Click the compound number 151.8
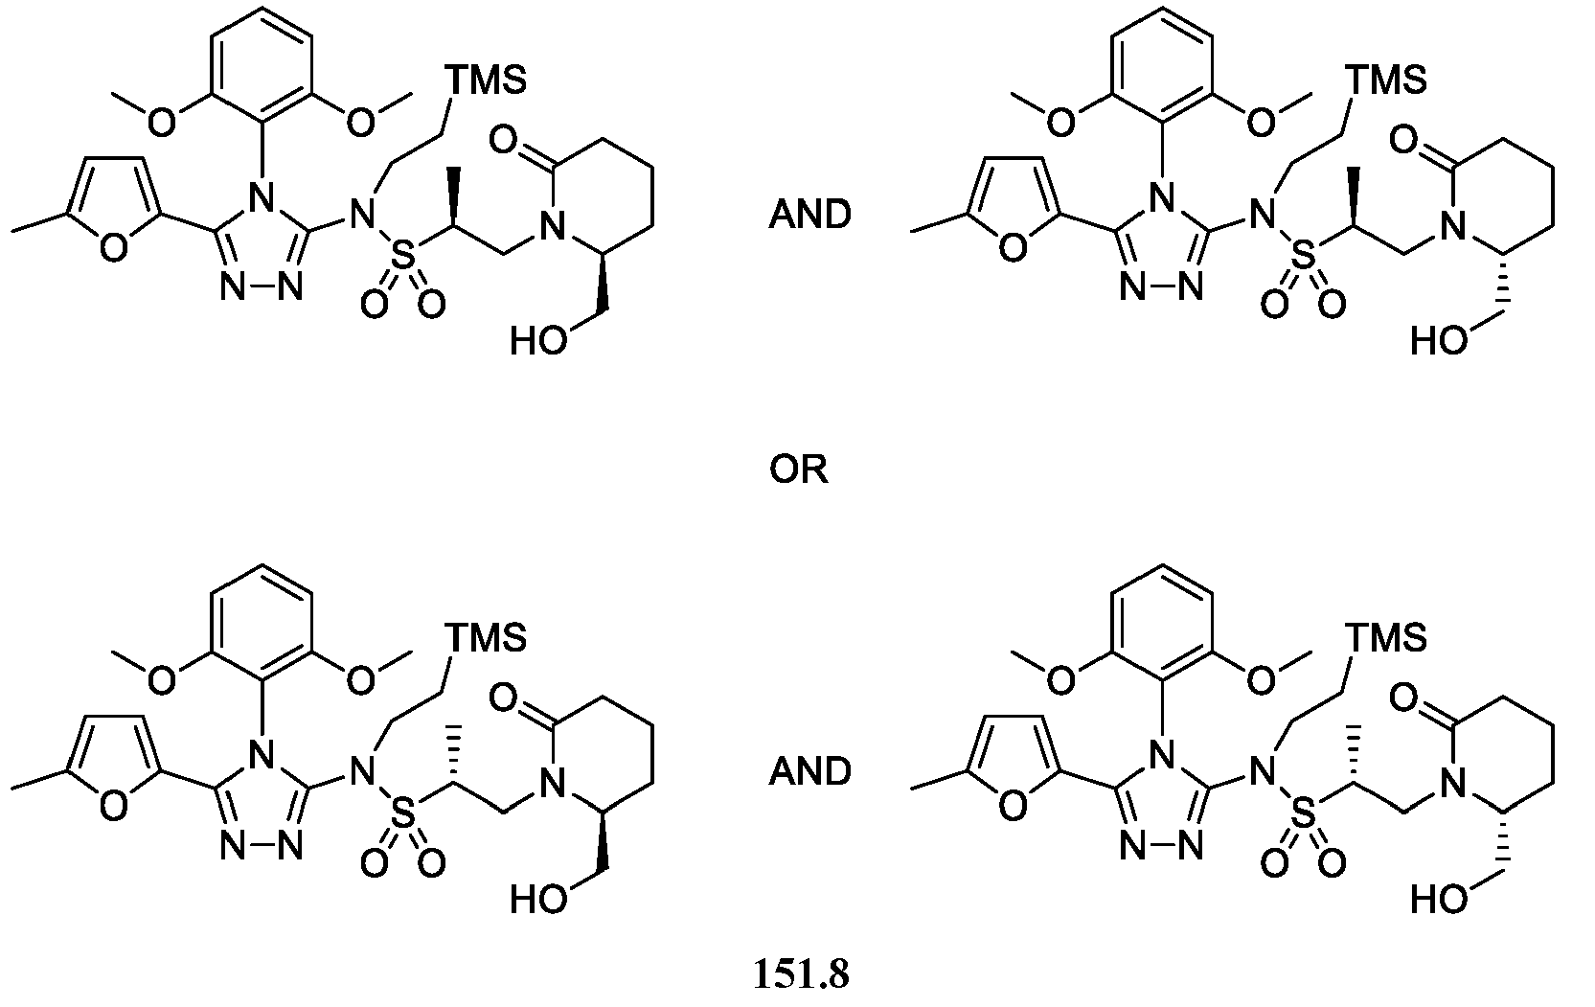pyautogui.click(x=801, y=973)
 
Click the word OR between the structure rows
pyautogui.click(x=799, y=470)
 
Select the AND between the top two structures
pyautogui.click(x=809, y=215)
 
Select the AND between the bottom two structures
pyautogui.click(x=809, y=772)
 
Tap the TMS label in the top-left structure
pyautogui.click(x=486, y=80)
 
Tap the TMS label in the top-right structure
pyautogui.click(x=1385, y=80)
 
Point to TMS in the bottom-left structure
pyautogui.click(x=486, y=637)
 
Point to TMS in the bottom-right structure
pyautogui.click(x=1385, y=637)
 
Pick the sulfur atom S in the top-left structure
pyautogui.click(x=403, y=257)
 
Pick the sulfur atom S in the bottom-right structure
pyautogui.click(x=1304, y=815)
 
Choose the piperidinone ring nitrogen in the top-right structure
pyautogui.click(x=1450, y=227)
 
